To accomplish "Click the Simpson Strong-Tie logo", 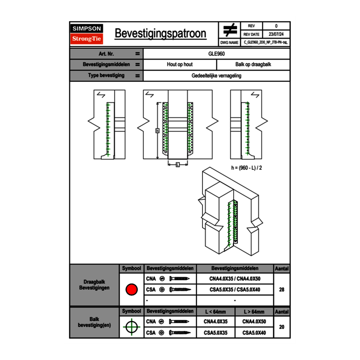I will [x=87, y=34].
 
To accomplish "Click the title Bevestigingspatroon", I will [x=160, y=34].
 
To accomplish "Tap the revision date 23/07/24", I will [x=276, y=34].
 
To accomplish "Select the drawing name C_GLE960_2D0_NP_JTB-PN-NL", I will [x=265, y=42].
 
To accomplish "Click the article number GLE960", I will [x=216, y=54].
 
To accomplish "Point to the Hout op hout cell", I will [x=180, y=65].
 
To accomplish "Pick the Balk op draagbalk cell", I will [x=253, y=65].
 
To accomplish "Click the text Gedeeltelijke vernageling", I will [x=216, y=76].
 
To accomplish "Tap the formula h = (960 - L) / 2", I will [x=246, y=168].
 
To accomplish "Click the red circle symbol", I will [x=131, y=290].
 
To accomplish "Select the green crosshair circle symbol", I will [x=131, y=327].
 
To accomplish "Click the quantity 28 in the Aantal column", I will [x=281, y=290].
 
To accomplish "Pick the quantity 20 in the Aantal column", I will [x=281, y=327].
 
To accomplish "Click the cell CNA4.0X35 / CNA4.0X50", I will [x=235, y=279].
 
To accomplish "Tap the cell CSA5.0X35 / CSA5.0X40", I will [x=235, y=290].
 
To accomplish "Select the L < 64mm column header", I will [x=216, y=312].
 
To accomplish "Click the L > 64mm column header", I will [x=254, y=312].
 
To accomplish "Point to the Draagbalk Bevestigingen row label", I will [x=94, y=285].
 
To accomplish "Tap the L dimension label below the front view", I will [x=177, y=165].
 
